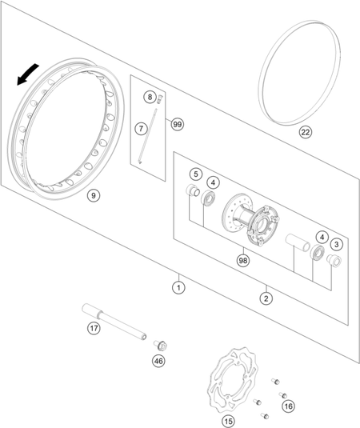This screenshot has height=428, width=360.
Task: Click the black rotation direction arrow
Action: (x=27, y=74)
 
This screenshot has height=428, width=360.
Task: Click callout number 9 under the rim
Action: (x=94, y=195)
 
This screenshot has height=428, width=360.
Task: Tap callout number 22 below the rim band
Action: (x=305, y=132)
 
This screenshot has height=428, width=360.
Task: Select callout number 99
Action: (x=178, y=125)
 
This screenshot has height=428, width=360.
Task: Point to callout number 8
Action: (x=150, y=97)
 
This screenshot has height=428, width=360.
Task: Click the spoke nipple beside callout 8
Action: (x=159, y=99)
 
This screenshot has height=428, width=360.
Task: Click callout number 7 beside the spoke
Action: (x=141, y=128)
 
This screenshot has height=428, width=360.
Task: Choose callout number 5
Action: (x=196, y=174)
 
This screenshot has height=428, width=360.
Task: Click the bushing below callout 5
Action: (x=193, y=190)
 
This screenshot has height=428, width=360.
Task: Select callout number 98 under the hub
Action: (x=243, y=261)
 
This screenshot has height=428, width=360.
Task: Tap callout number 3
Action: (x=336, y=244)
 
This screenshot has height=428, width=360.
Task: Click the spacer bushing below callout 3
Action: (x=334, y=260)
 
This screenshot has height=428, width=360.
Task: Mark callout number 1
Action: (x=178, y=288)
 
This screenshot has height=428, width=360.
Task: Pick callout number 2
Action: (x=266, y=298)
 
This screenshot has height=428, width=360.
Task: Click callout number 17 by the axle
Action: (x=94, y=328)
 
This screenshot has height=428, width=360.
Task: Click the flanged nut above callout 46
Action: (x=161, y=346)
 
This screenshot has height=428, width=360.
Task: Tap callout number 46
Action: (x=158, y=361)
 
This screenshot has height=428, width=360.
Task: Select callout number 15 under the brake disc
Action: (x=229, y=421)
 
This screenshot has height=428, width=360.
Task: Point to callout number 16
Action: (x=289, y=406)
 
